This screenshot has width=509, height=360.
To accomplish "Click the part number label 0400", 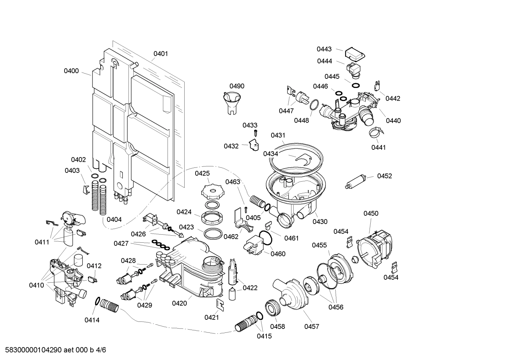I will coord(71,71).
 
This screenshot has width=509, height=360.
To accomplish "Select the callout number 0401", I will coord(161,54).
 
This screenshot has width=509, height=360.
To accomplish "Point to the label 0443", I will coord(324,49).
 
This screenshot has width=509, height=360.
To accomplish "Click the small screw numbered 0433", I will coord(257,133).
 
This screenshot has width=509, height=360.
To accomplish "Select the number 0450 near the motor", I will coord(371,213).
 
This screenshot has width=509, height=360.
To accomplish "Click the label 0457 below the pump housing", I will coord(312,326).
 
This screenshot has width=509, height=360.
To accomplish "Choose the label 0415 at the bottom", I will coord(264,336).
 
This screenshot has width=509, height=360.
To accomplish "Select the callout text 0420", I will coord(179,303).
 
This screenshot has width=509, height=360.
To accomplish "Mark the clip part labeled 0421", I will coord(220,304).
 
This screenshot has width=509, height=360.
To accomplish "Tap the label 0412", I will coord(94,266).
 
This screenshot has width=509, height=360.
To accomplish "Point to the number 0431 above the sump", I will coord(278,135).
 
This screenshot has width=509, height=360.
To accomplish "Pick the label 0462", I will coord(231,237).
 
